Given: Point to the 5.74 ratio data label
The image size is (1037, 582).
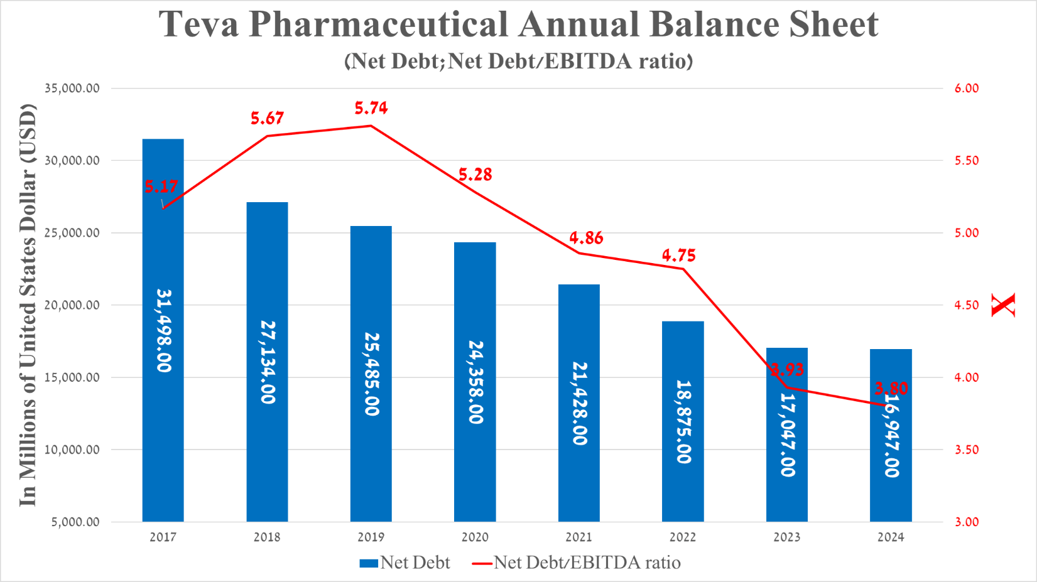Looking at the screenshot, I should [x=371, y=108].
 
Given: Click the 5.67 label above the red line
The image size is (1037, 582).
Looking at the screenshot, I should [x=267, y=118].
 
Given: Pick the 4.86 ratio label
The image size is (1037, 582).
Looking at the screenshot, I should [x=586, y=238].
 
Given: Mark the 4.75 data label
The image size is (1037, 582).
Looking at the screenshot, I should [x=679, y=256].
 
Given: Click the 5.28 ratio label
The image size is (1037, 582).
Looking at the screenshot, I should [x=475, y=175].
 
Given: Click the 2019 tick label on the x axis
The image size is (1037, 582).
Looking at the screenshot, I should [x=371, y=537].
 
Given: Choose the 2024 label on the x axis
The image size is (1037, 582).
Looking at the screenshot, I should [x=891, y=537].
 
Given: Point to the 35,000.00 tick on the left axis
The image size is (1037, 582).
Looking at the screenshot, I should [x=72, y=89].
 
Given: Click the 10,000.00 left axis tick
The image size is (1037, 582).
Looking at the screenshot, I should [x=72, y=450].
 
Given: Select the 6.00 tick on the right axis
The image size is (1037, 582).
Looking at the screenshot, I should [x=967, y=89].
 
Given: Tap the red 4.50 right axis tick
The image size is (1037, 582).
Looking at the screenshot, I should [x=967, y=305].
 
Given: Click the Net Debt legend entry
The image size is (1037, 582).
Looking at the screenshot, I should [x=405, y=563].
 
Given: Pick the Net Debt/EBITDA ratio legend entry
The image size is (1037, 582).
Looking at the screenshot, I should [x=577, y=563].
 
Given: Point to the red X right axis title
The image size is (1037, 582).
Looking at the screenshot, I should [x=1003, y=305].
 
